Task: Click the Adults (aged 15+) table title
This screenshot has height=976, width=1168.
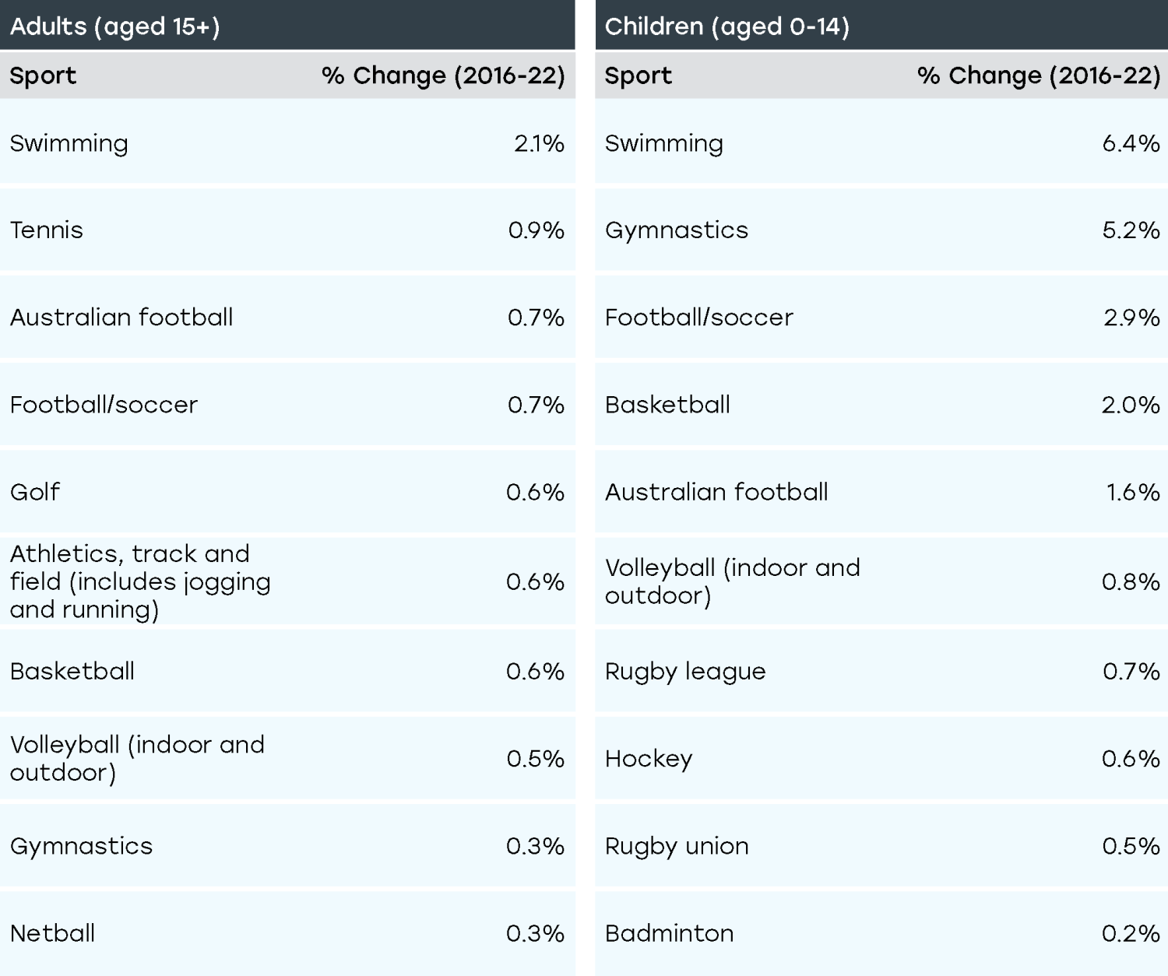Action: [x=114, y=26]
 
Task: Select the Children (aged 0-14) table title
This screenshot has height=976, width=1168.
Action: [x=726, y=26]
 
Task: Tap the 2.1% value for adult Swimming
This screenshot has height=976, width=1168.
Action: [x=539, y=143]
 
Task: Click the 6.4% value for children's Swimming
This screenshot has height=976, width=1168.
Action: [x=1131, y=143]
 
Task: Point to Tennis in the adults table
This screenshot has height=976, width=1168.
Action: [x=47, y=230]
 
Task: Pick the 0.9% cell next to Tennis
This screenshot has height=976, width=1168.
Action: [x=536, y=230]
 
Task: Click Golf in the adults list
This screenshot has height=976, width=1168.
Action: [x=35, y=492]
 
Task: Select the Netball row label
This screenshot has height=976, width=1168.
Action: [x=53, y=933]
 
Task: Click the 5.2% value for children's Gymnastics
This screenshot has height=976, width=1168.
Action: [x=1131, y=230]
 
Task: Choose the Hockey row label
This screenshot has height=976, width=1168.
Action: [x=649, y=759]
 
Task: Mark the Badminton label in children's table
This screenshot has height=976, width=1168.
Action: [x=669, y=933]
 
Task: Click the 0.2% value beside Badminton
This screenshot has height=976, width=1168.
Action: [x=1131, y=933]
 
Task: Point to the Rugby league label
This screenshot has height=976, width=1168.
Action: [x=685, y=672]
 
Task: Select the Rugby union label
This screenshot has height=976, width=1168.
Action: [x=677, y=846]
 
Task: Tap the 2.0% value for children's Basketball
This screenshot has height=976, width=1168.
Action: [x=1131, y=405]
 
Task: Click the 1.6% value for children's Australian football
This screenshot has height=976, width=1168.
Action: [x=1133, y=492]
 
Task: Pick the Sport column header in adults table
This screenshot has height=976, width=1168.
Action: [x=43, y=75]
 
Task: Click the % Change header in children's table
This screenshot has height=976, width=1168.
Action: [x=1038, y=75]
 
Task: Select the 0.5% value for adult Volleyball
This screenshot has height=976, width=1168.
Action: [x=535, y=759]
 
